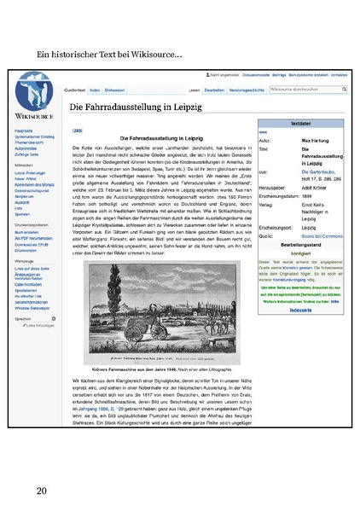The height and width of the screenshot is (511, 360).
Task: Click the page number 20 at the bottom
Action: (x=41, y=492)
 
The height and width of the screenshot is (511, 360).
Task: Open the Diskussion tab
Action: (x=115, y=89)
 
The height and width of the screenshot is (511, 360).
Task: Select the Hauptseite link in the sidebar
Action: (x=23, y=131)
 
